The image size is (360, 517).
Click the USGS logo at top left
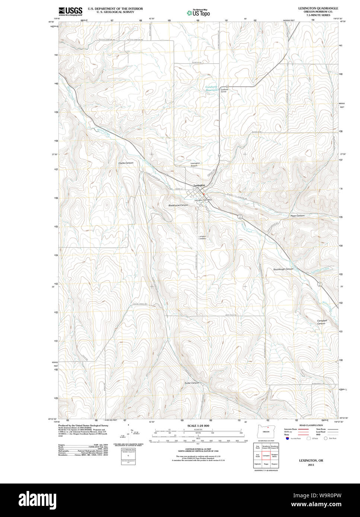70,11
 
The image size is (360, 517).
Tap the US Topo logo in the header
198,12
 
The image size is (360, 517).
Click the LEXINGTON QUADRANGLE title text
318,8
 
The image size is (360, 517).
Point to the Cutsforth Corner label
224,90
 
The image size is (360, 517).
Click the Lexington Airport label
195,164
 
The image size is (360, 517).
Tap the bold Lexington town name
199,185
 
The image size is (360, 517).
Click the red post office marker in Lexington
204,194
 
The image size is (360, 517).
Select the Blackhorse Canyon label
178,205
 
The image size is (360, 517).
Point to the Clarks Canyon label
126,163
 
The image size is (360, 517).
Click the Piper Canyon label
297,216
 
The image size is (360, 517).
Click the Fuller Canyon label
192,383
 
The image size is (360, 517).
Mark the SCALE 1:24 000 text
198,426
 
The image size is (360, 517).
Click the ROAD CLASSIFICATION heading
311,425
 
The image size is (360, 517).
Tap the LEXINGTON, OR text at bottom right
311,460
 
